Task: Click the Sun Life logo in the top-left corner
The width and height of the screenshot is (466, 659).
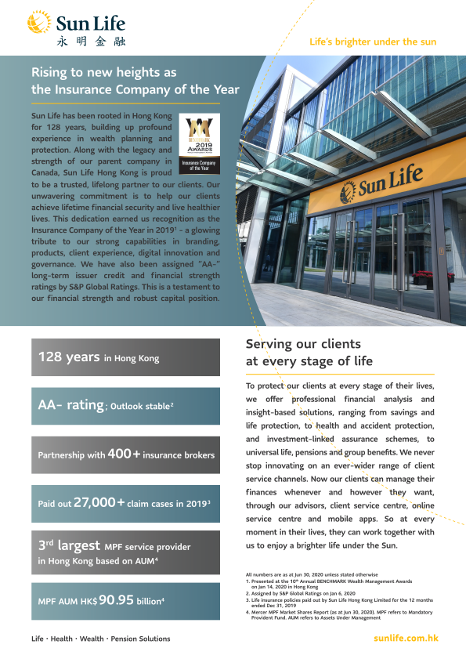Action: [x=76, y=20]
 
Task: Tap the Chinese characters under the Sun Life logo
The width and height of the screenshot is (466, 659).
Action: [x=91, y=41]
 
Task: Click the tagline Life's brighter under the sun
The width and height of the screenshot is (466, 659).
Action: [x=374, y=42]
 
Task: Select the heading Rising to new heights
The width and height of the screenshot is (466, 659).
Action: [x=135, y=81]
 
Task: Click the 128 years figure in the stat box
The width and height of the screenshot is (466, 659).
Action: [x=69, y=357]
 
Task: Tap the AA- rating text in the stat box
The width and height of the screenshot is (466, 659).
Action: [x=71, y=405]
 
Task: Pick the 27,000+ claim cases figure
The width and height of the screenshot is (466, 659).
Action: [x=99, y=502]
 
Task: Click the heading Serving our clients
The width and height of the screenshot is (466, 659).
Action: [x=304, y=344]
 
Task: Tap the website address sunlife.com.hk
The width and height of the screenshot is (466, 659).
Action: [x=406, y=638]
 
